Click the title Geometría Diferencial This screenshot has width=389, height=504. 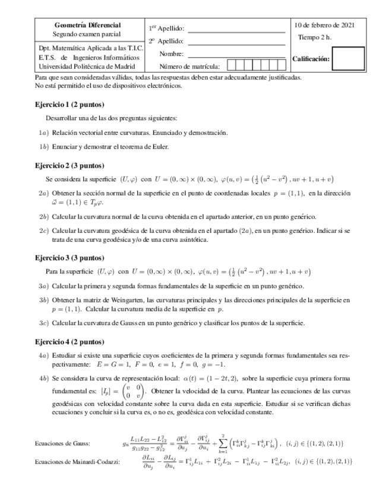[x=87, y=26]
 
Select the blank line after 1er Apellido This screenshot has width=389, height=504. [x=236, y=29]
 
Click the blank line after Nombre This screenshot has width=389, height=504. [x=236, y=54]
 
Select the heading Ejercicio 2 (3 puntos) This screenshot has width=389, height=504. [x=69, y=166]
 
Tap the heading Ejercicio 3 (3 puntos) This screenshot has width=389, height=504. [x=69, y=257]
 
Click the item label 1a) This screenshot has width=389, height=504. [x=43, y=133]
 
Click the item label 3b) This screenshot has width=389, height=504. [x=43, y=300]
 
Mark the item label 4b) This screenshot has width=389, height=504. [x=43, y=378]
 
